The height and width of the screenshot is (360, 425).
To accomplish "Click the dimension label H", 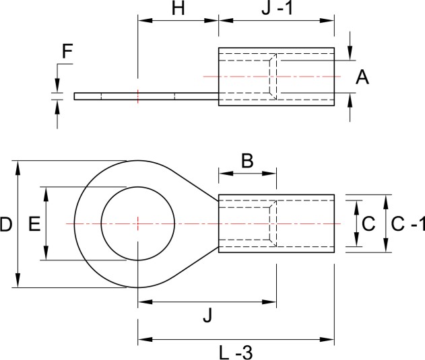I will point(178,9).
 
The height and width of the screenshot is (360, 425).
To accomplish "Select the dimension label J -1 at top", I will point(276,9).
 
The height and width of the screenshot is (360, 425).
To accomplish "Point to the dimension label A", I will point(362,78).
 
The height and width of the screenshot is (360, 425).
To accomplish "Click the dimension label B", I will point(247,161).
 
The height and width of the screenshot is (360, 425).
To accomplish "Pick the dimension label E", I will point(34,224).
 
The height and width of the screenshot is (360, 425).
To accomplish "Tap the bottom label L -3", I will point(235,351).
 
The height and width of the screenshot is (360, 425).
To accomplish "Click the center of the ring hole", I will point(137,223).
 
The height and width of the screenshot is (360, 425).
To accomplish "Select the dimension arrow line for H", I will point(178,21).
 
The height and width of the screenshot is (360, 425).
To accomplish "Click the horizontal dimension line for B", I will point(247,173).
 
